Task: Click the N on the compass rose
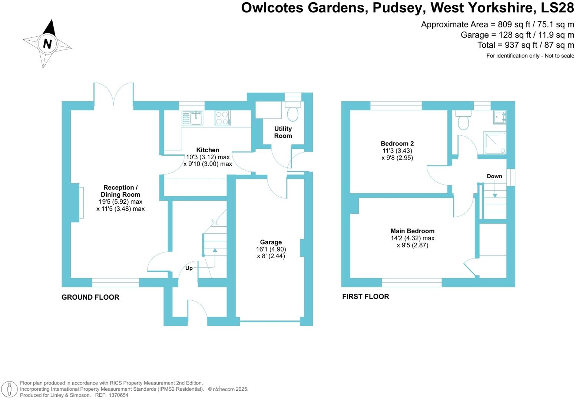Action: point(47,44)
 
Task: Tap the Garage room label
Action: point(271,242)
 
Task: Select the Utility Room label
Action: point(283,132)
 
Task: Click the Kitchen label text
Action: point(208,150)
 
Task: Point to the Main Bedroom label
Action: point(412,231)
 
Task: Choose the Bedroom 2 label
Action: point(397,143)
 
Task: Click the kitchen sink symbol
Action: point(192,118)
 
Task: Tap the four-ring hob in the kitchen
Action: point(222,118)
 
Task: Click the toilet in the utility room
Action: point(293,113)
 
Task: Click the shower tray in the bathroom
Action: point(494,143)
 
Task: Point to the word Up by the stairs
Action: point(189,268)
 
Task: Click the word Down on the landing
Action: point(494,176)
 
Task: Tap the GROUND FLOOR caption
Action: point(90,297)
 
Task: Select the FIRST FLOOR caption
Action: point(365,297)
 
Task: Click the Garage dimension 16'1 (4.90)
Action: point(271,249)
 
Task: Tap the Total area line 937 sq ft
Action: point(526,45)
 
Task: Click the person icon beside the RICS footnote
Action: point(10,389)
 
